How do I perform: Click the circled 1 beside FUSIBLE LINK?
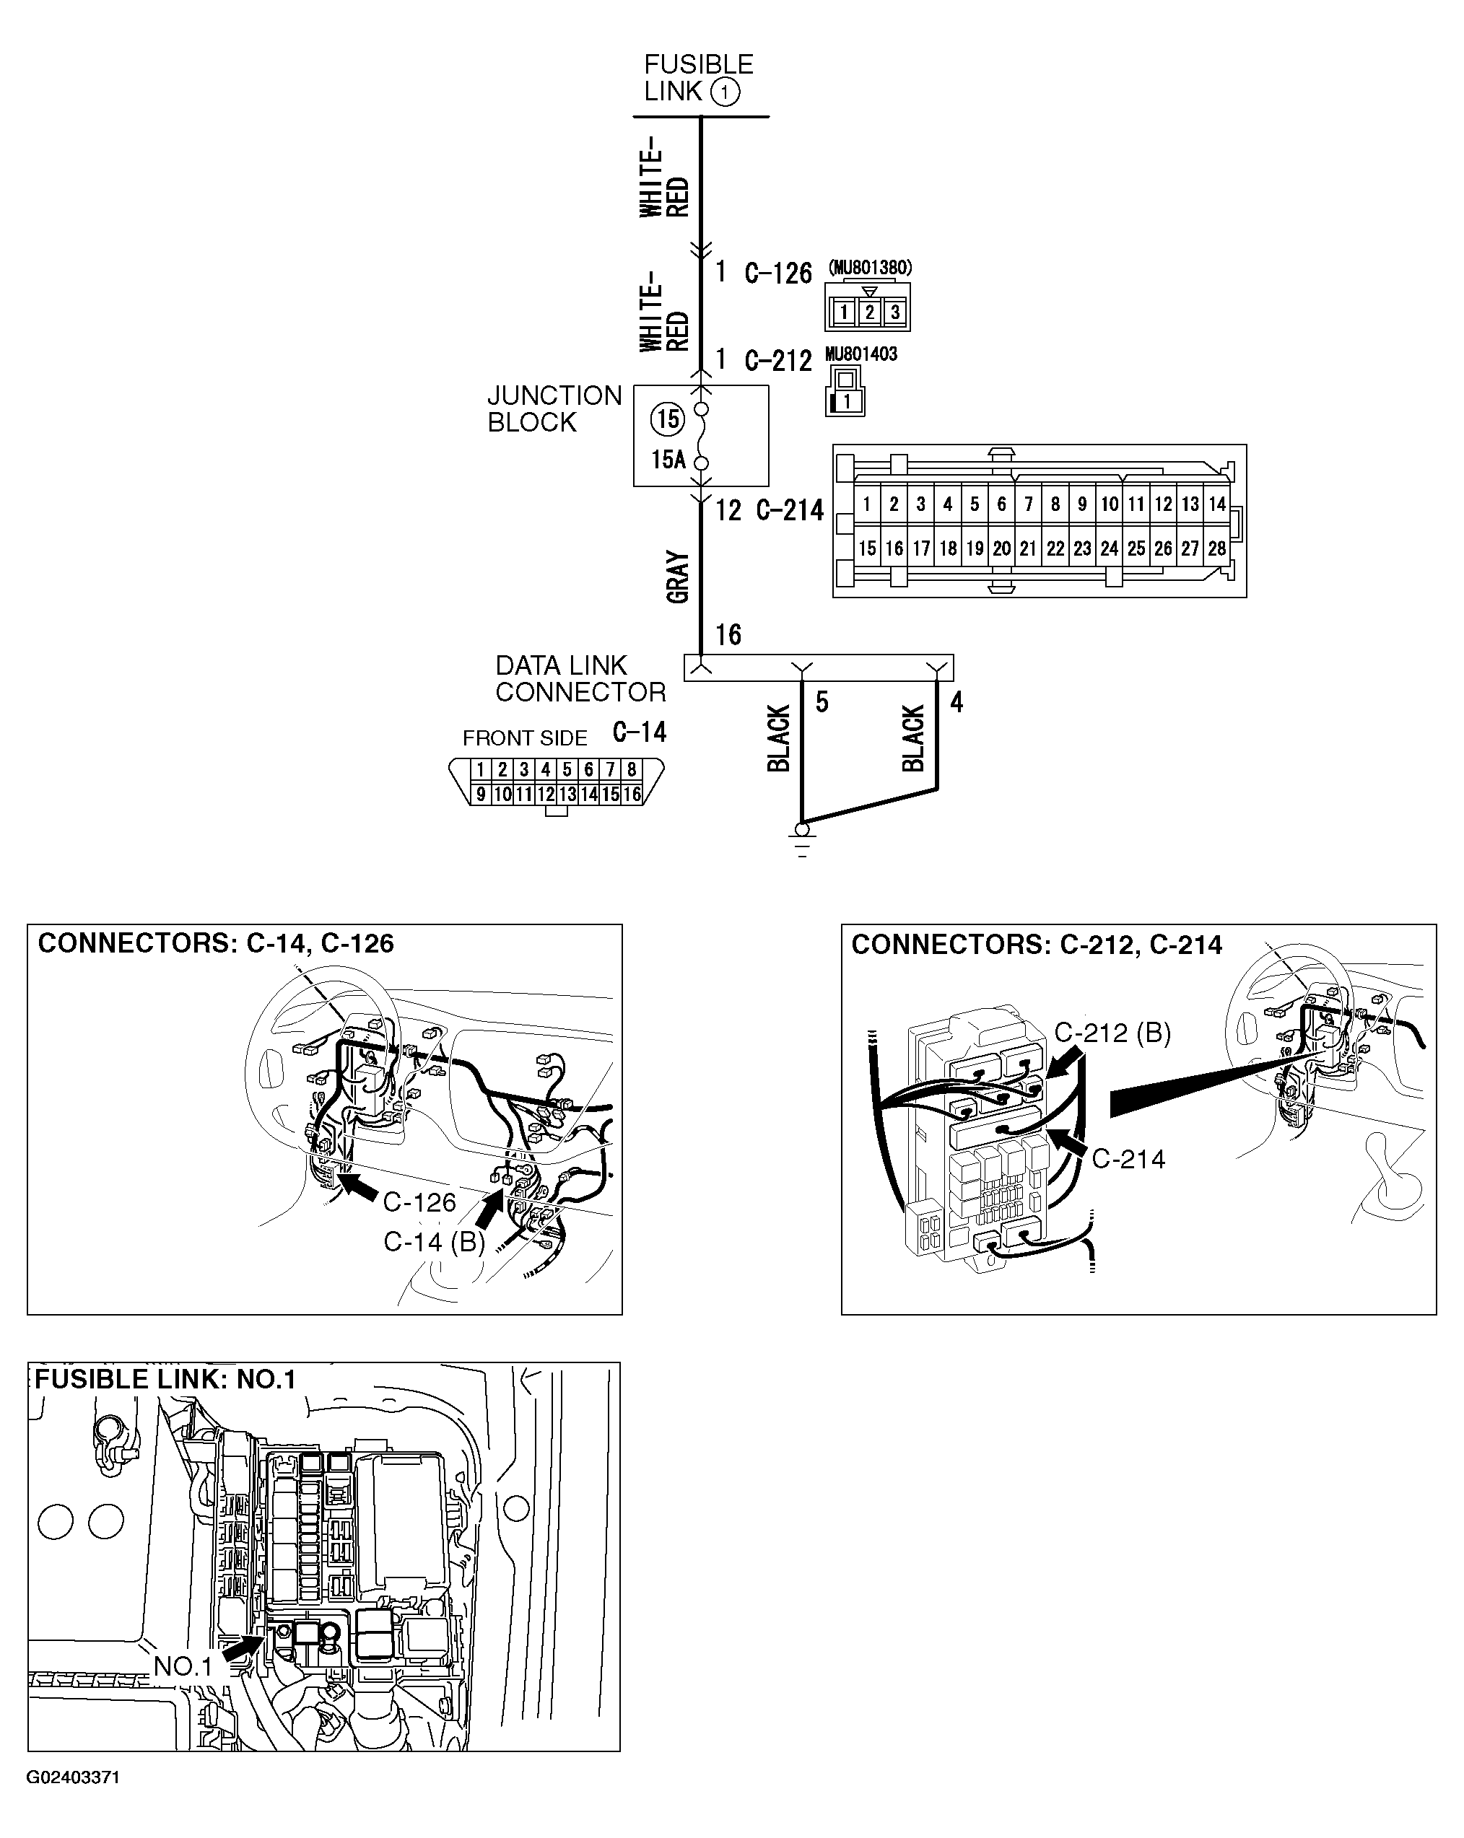(725, 92)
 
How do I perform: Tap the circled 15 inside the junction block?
(668, 419)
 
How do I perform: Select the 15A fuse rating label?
(668, 460)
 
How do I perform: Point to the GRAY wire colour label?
(678, 577)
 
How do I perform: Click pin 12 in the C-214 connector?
(1163, 504)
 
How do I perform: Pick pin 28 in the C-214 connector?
(1216, 548)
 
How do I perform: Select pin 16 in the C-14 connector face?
(631, 795)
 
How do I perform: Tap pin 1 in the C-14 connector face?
(481, 770)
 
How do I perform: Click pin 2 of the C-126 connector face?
(869, 312)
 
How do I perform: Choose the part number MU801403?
(861, 354)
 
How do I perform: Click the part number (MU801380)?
(869, 268)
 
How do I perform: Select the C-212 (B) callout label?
(1112, 1033)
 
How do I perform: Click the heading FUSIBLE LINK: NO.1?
(165, 1379)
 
